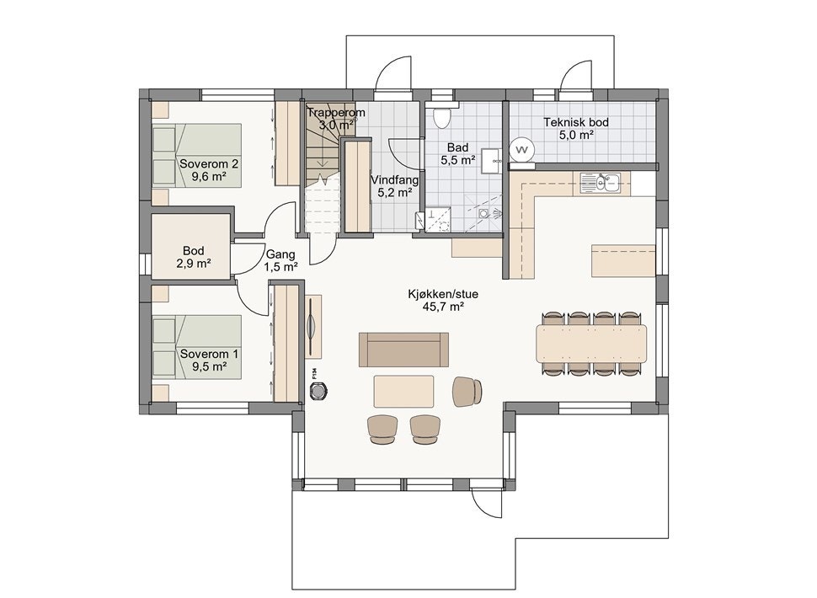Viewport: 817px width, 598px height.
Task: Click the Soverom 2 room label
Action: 209,164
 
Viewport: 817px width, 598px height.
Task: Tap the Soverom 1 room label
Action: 209,355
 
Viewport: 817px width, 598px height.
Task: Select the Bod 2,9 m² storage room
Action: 190,247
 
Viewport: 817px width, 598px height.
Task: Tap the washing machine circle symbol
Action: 521,150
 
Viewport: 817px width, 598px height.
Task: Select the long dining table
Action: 591,344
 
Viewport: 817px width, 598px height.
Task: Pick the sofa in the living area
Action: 403,350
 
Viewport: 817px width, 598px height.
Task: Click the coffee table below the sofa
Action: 403,391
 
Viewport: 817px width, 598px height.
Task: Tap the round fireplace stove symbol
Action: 318,390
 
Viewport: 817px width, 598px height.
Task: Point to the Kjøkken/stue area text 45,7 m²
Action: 443,307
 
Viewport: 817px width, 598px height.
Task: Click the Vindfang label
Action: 394,180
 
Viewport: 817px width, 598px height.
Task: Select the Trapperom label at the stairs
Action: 336,113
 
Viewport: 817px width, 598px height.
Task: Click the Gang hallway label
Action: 280,254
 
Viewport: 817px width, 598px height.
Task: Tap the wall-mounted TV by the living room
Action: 312,327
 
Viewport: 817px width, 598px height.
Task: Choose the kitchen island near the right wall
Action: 623,260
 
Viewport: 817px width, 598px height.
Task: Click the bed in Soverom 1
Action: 197,346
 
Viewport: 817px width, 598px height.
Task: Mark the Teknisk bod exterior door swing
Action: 576,75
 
